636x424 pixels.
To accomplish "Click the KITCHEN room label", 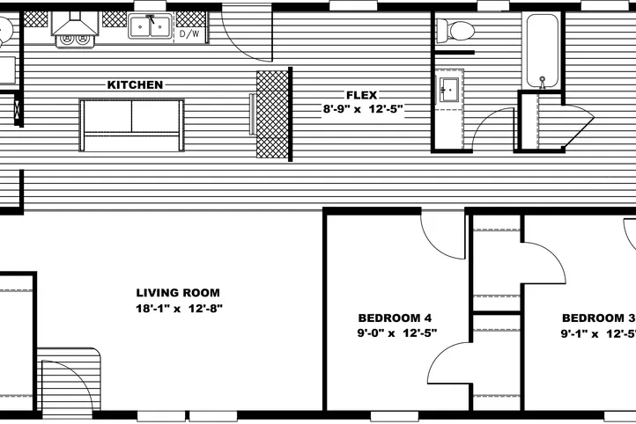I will (135, 85).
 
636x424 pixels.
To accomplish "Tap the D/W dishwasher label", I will (189, 34).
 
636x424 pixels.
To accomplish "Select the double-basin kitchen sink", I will (149, 27).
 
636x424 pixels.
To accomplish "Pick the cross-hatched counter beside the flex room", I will (273, 113).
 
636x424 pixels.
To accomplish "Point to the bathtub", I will (542, 51).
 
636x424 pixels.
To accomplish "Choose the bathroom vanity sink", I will (447, 89).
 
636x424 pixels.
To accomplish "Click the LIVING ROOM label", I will (178, 293).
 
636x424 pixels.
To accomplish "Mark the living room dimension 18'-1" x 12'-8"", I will (178, 309).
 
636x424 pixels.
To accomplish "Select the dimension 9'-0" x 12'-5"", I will (397, 333).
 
